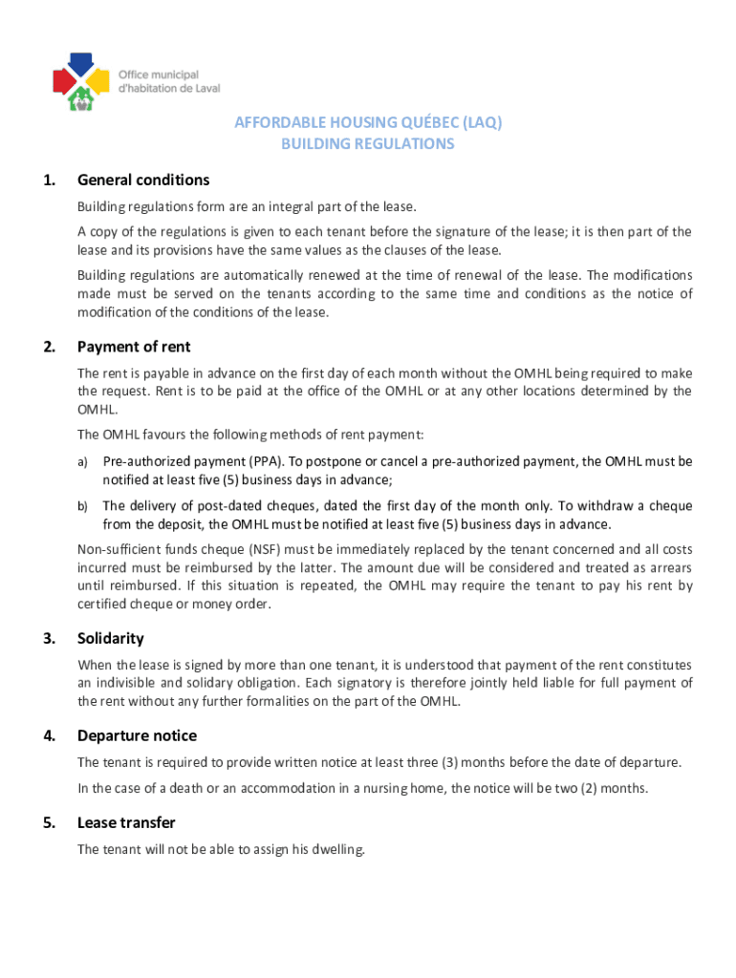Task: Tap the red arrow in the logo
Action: click(61, 79)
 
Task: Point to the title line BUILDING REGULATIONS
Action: click(367, 144)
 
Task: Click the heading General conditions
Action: click(143, 181)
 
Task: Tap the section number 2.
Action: click(49, 347)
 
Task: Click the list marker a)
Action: click(83, 462)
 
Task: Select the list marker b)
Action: click(83, 506)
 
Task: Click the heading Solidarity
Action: click(110, 638)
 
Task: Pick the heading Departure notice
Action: click(137, 735)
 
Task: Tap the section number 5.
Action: click(49, 822)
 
